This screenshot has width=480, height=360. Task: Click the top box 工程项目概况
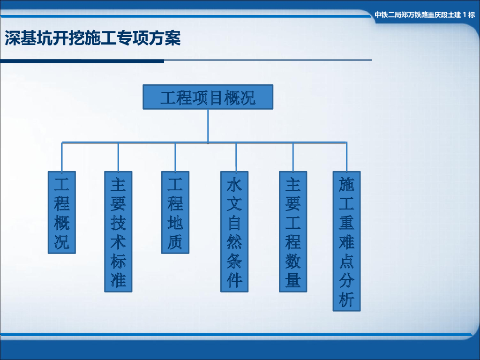[208, 97]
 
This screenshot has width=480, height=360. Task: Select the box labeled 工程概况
[62, 212]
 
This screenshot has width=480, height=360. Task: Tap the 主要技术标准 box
[118, 232]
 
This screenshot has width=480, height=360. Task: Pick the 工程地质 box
[175, 212]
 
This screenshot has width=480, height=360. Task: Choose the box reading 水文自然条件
[234, 232]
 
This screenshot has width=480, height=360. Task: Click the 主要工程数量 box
[293, 232]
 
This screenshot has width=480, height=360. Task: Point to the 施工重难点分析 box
[347, 241]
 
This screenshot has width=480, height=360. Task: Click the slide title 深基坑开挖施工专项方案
[92, 38]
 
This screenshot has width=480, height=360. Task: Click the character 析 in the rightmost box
[347, 300]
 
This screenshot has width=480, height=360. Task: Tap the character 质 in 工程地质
[175, 242]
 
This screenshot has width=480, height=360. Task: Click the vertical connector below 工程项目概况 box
[208, 125]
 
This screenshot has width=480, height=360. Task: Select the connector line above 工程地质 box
[175, 157]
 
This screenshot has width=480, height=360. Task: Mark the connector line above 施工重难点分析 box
[347, 157]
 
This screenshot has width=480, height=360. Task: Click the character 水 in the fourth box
[234, 185]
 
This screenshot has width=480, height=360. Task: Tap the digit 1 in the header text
[465, 15]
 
